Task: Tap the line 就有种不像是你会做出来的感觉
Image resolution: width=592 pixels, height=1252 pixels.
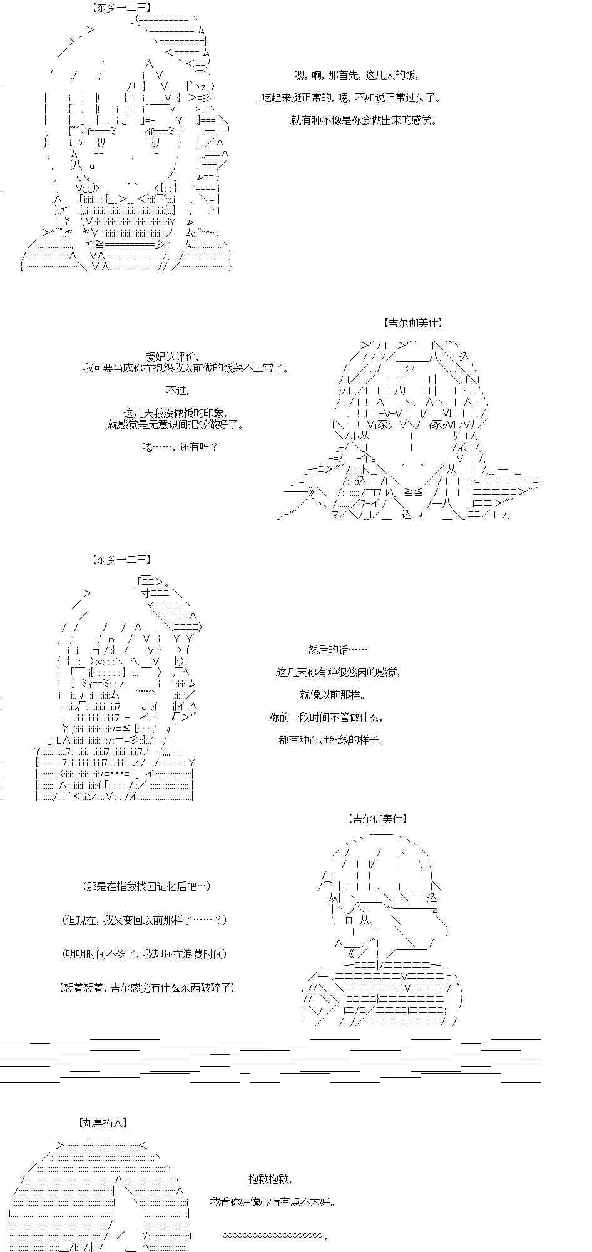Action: tap(364, 120)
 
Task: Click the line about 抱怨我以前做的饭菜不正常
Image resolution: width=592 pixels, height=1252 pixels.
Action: tap(186, 368)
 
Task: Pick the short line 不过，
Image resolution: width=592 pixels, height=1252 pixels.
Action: tap(177, 391)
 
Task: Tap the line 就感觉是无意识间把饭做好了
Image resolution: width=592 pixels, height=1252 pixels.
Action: tap(176, 424)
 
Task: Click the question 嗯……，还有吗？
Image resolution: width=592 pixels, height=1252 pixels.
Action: tap(180, 447)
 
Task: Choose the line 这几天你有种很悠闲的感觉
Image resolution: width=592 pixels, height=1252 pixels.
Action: tap(339, 672)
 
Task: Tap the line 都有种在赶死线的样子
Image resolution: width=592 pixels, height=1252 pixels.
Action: tap(332, 740)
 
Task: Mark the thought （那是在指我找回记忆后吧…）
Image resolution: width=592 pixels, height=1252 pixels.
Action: tap(146, 886)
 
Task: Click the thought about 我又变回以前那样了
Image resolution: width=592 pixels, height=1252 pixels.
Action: tap(145, 920)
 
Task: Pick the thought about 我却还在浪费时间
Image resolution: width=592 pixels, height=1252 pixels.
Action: tap(145, 954)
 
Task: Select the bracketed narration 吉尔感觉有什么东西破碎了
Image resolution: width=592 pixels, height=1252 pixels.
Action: tap(147, 988)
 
